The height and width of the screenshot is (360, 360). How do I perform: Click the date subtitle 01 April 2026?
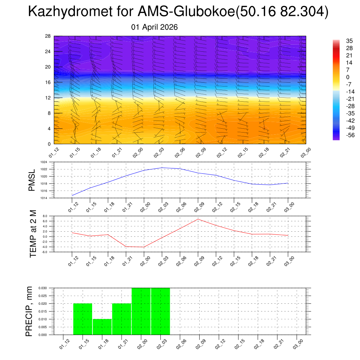pos(154,27)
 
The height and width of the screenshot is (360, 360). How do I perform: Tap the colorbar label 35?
pos(340,41)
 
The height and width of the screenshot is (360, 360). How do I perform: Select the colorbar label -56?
pos(341,135)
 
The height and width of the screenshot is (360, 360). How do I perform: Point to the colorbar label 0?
pos(338,77)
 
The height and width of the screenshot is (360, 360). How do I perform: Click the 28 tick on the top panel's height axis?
pos(49,36)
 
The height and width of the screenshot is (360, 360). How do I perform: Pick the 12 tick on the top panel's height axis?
pos(49,98)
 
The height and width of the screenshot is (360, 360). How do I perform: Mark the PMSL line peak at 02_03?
pos(162,168)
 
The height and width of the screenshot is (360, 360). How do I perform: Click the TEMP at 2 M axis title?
pos(33,234)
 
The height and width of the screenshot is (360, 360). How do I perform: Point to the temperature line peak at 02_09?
pos(198,219)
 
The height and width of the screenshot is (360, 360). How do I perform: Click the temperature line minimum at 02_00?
pos(143,247)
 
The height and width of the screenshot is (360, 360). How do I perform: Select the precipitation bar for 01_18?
pos(102,327)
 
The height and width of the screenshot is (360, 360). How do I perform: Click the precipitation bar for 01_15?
pos(83,319)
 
